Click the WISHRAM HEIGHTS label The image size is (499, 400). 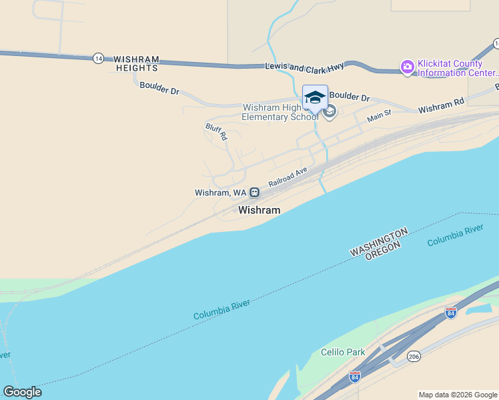(x=136, y=63)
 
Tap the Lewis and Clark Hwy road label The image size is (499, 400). (x=304, y=67)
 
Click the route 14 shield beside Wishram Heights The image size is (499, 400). (x=99, y=58)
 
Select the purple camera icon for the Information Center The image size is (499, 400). (x=407, y=67)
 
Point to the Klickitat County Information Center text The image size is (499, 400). (x=457, y=69)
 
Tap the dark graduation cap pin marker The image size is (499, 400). (x=315, y=97)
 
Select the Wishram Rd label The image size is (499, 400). (x=440, y=105)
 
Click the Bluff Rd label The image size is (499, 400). (x=216, y=131)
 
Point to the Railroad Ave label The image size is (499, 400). (x=288, y=176)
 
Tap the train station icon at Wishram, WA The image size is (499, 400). (x=255, y=192)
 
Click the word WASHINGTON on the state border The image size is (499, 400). (x=378, y=241)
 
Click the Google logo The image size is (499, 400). (x=22, y=391)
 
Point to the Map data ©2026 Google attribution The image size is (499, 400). (x=457, y=395)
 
